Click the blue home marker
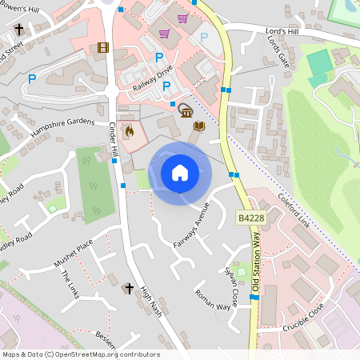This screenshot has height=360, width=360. coord(180,173)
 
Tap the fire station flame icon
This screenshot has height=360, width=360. coord(128,129)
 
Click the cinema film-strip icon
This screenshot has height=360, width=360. coord(102,47)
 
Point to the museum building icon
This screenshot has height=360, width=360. coord(185,110)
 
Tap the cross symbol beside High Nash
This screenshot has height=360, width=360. coord(130,288)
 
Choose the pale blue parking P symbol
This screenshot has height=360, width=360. coord(203,38)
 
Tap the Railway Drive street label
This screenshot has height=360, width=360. coord(153,78)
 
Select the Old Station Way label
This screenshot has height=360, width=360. coord(256,257)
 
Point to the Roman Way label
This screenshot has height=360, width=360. coord(212,300)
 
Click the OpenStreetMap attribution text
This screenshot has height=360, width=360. coord(81,354)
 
